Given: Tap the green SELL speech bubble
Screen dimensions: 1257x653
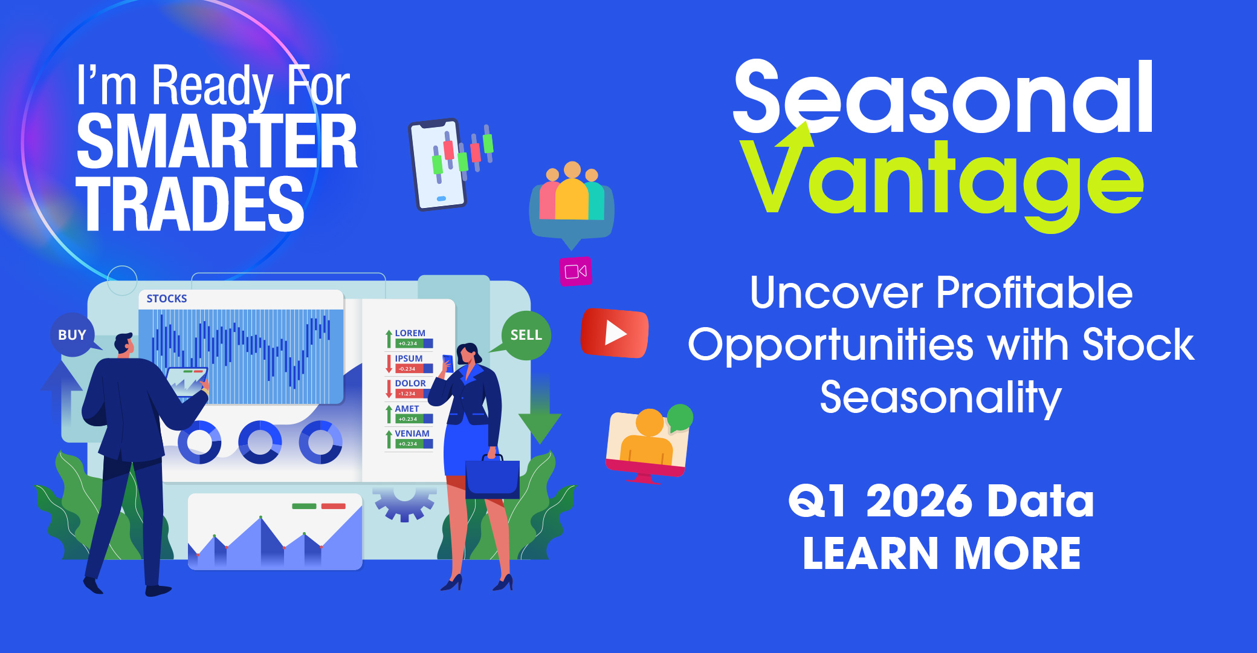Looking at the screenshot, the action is tap(525, 336).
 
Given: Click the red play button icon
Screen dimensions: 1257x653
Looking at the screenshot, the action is tap(615, 333).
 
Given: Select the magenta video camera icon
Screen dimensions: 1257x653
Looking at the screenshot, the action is tap(575, 271).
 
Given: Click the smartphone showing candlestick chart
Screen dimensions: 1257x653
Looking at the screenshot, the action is tap(438, 164).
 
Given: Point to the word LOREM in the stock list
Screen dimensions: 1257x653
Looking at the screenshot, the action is tap(410, 333).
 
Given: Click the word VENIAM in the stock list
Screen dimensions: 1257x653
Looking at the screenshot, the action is tap(412, 434).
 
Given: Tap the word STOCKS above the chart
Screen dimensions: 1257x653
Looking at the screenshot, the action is tap(167, 299).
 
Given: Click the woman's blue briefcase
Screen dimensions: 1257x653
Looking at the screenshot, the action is tap(493, 478).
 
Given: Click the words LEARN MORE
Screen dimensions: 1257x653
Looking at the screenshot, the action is tap(942, 554).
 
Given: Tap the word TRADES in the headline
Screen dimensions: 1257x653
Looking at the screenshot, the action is tap(190, 204).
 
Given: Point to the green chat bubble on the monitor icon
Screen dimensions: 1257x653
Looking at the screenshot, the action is tap(680, 418).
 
